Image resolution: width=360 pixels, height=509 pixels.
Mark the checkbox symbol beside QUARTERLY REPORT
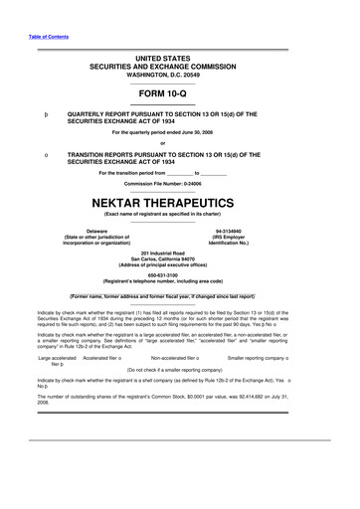click(34, 115)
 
